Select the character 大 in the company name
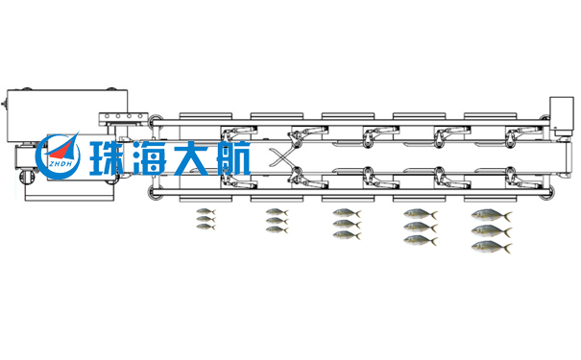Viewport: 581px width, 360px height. click(195, 159)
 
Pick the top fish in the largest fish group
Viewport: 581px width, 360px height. click(492, 215)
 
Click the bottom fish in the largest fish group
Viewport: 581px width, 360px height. click(492, 247)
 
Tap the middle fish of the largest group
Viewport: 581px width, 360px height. click(492, 230)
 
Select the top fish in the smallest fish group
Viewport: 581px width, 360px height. click(206, 212)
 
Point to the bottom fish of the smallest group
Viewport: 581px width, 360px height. click(206, 227)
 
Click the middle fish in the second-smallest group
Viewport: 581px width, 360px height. click(276, 221)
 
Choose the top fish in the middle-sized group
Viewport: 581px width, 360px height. click(347, 213)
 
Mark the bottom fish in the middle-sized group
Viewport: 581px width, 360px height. click(347, 235)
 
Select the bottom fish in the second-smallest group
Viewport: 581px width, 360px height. click(276, 230)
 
